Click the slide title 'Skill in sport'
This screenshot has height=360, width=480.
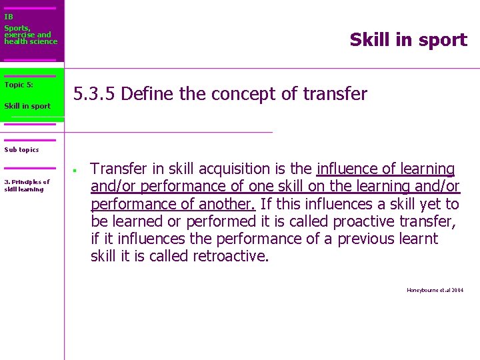(408, 40)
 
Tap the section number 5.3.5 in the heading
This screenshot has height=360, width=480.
(95, 94)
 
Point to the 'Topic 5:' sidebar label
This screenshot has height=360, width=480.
(19, 85)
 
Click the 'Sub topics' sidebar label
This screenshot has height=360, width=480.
(21, 150)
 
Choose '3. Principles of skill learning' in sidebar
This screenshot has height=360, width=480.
(27, 185)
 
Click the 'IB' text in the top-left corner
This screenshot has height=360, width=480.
(9, 17)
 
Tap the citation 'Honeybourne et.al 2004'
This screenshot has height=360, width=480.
(435, 290)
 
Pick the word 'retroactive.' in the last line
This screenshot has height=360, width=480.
(231, 256)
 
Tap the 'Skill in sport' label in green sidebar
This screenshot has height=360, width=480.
(27, 106)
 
